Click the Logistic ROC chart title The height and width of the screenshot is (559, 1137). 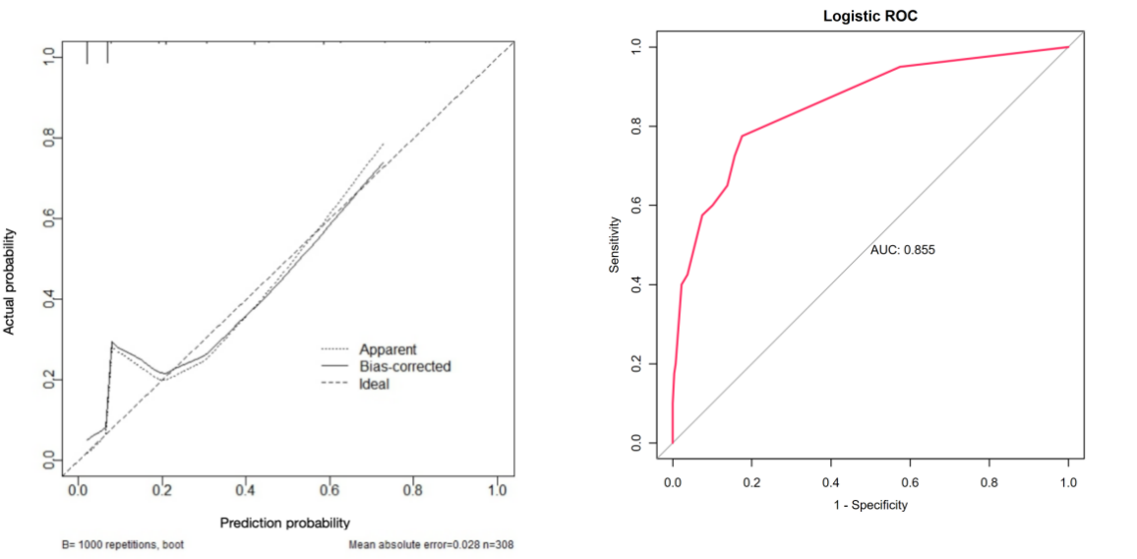coord(869,17)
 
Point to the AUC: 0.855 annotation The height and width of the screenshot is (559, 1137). coord(902,250)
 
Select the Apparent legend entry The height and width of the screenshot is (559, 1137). coord(388,349)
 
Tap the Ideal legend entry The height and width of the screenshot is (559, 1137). coord(374,385)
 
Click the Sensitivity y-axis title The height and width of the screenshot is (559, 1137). coord(615,244)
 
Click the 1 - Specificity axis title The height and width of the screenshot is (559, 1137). coord(869,505)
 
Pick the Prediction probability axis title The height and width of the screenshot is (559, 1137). coord(285,523)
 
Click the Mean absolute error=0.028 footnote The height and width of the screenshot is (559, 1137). coord(431,543)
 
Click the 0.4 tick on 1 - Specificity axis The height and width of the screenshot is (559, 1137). coord(830,483)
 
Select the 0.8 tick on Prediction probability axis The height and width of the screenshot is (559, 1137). coord(413,489)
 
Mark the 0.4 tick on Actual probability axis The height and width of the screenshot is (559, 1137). coord(47,298)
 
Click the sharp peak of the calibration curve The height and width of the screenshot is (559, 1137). coord(112,342)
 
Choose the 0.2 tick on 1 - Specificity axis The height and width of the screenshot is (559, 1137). coord(751,483)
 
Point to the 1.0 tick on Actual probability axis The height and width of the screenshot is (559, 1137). coord(47,55)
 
